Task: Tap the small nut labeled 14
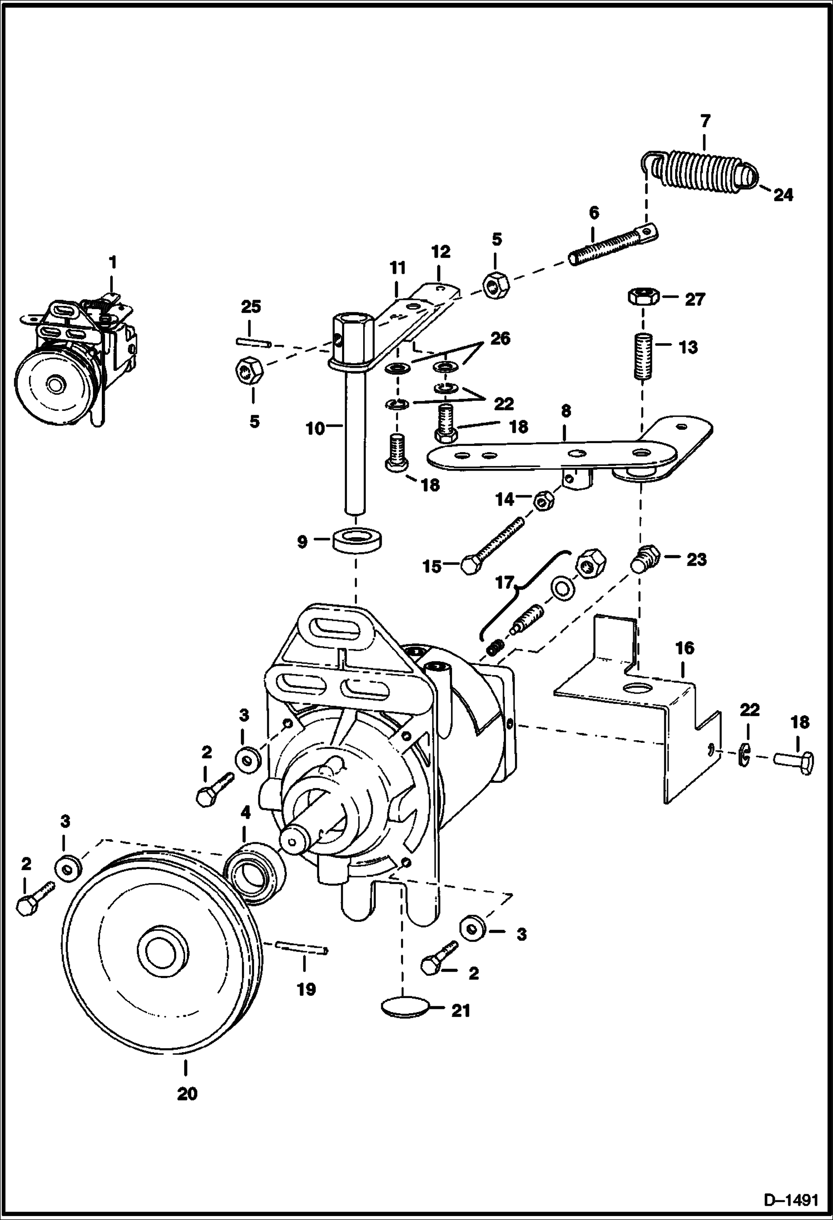pos(542,500)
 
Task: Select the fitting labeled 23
pos(645,558)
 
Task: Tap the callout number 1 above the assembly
pos(113,261)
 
